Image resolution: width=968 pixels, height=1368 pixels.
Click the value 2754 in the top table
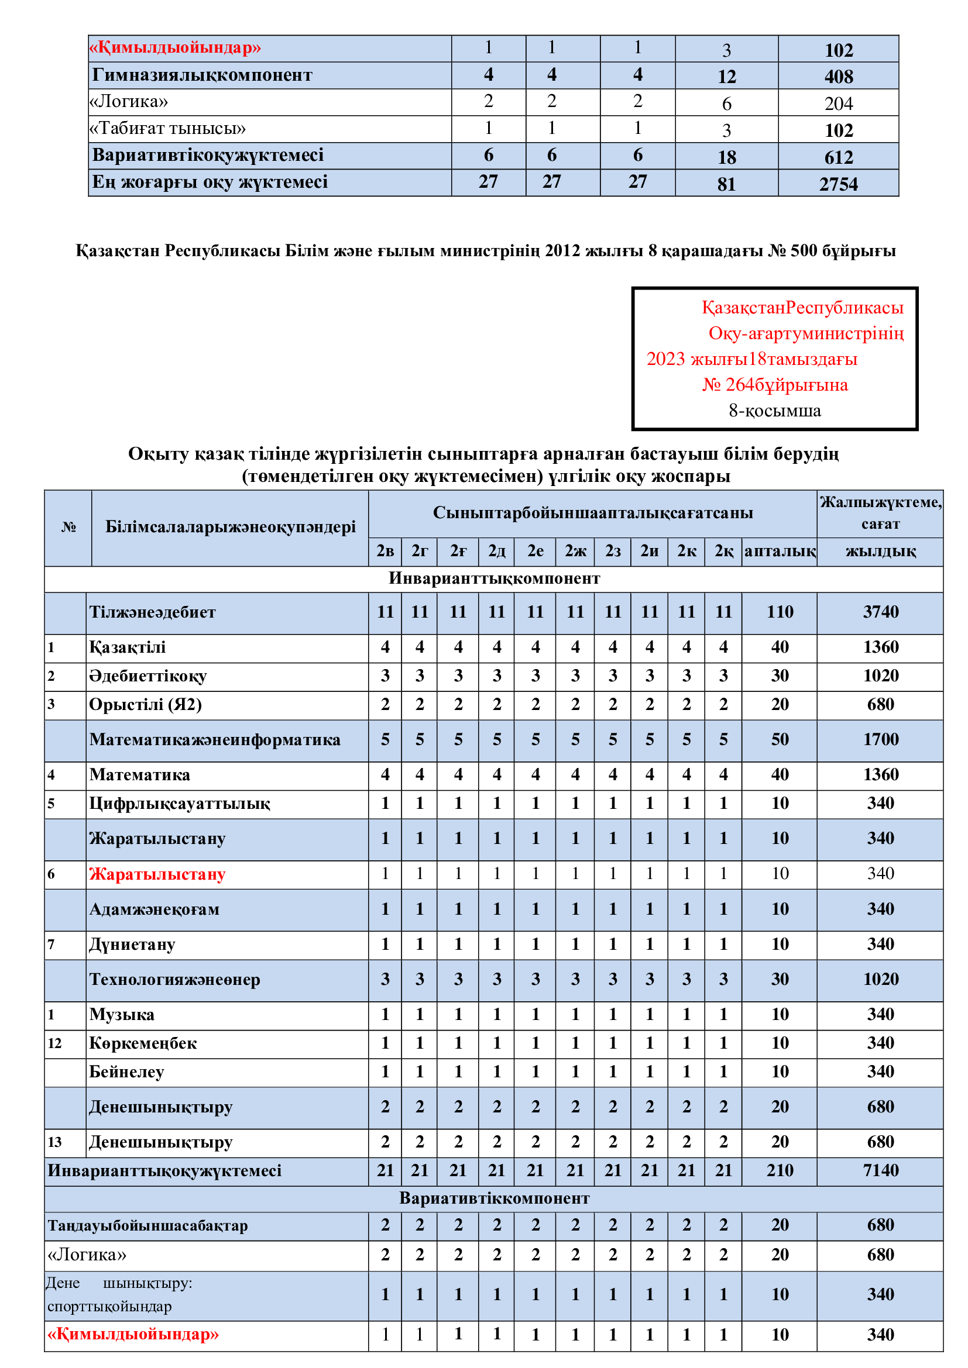point(838,184)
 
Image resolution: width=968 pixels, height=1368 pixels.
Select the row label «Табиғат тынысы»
point(167,129)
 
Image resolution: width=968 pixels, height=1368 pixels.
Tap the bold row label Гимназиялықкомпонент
point(202,75)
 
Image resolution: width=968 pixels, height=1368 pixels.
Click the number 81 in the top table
point(726,184)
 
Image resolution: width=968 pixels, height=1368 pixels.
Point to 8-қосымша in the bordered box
point(774,411)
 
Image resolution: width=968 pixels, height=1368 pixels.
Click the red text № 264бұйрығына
point(774,385)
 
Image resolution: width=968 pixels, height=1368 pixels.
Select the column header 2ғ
point(458,551)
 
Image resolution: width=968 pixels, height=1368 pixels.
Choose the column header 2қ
point(723,551)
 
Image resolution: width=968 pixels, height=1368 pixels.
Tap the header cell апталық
point(779,551)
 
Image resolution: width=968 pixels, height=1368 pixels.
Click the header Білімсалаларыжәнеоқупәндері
point(230,527)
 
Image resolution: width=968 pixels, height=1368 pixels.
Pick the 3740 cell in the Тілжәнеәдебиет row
point(880,612)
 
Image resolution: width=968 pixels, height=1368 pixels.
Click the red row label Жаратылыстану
point(157,874)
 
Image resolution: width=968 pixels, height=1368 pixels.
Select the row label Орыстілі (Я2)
point(146,705)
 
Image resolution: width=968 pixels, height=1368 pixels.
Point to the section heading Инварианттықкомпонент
point(494,578)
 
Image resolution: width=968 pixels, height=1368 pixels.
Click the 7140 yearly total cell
point(880,1171)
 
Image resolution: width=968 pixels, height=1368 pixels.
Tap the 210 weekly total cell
point(779,1171)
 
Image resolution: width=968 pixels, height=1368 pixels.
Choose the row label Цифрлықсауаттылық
point(180,804)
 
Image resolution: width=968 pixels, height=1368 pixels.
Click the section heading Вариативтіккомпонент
point(494,1198)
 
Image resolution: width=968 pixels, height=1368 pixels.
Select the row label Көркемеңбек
point(143,1043)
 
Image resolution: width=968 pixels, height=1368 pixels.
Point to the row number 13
point(55,1142)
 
